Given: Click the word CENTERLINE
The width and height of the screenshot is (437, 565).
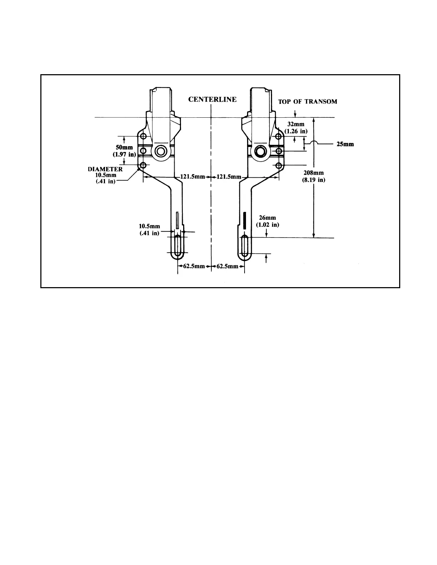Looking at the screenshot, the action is tap(212, 100).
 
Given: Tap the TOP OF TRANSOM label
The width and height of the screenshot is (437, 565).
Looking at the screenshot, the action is tap(307, 102).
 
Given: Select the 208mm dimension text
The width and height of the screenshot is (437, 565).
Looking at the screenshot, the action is tap(313, 173).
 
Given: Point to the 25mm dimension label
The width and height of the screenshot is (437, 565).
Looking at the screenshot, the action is tap(345, 144).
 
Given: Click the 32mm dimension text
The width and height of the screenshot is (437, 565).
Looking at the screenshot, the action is tap(296, 124).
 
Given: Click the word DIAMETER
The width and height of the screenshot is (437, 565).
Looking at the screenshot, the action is tap(105, 169).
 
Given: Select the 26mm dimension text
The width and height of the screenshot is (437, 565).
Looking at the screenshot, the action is tap(267, 218).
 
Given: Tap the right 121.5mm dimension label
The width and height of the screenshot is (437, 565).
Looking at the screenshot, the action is tap(229, 177).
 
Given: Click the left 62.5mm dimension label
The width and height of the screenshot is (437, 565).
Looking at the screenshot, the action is tap(194, 266).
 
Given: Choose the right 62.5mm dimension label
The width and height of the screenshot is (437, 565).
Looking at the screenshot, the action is tap(227, 266).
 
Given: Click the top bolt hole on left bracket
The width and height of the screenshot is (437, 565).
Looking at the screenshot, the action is tap(144, 137).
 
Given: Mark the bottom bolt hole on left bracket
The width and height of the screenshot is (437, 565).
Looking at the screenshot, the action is tap(144, 166).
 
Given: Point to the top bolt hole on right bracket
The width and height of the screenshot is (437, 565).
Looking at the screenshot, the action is tap(279, 137).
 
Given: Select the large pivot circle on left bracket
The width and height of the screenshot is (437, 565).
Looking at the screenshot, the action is tap(160, 151).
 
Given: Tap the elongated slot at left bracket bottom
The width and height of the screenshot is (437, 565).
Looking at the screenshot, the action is tap(178, 246).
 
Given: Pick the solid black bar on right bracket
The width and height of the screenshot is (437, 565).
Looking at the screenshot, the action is tap(245, 220).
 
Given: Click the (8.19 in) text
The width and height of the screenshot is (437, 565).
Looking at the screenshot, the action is tap(313, 180).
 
